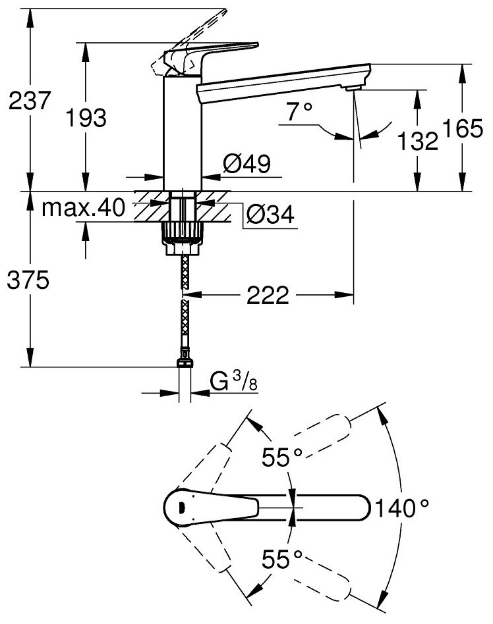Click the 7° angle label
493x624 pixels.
298,113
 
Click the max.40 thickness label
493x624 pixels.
84,208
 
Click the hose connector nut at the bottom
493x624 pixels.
185,361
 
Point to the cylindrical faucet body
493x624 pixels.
181,132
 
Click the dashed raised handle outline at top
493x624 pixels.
198,26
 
